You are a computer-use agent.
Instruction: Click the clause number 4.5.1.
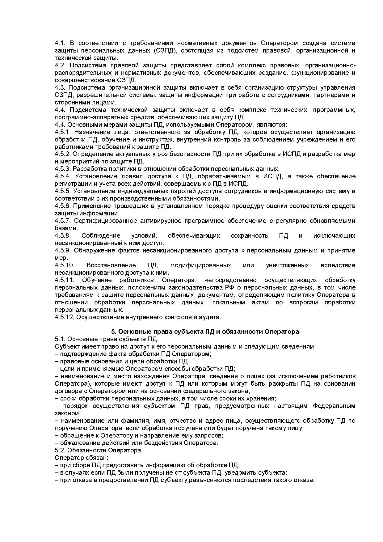tap(63, 132)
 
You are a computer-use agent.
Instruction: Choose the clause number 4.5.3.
tap(63, 169)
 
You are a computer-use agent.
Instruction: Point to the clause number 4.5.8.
tap(63, 236)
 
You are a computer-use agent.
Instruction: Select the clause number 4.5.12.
tap(64, 317)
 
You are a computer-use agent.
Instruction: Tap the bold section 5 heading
tap(205, 332)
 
